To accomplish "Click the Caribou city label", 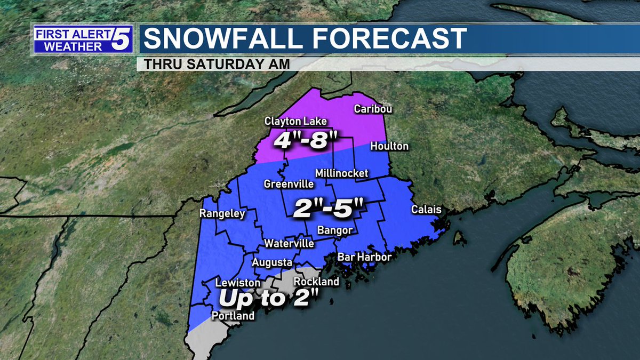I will (x=373, y=109).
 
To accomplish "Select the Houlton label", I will (x=389, y=146).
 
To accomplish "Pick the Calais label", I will (x=426, y=210).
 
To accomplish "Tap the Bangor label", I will (x=335, y=230).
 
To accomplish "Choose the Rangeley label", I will (x=222, y=214).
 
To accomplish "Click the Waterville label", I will (x=289, y=243).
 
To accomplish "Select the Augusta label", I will (x=272, y=262).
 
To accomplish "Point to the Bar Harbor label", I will (x=365, y=258).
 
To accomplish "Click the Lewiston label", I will (x=238, y=283).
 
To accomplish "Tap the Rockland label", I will (x=316, y=281).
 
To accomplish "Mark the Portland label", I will (x=233, y=316).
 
